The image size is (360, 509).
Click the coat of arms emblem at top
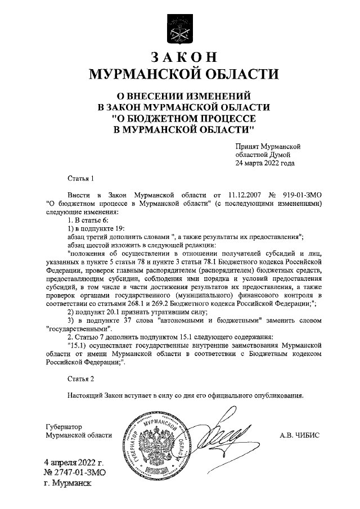179,30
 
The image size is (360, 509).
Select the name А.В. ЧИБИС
303,435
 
